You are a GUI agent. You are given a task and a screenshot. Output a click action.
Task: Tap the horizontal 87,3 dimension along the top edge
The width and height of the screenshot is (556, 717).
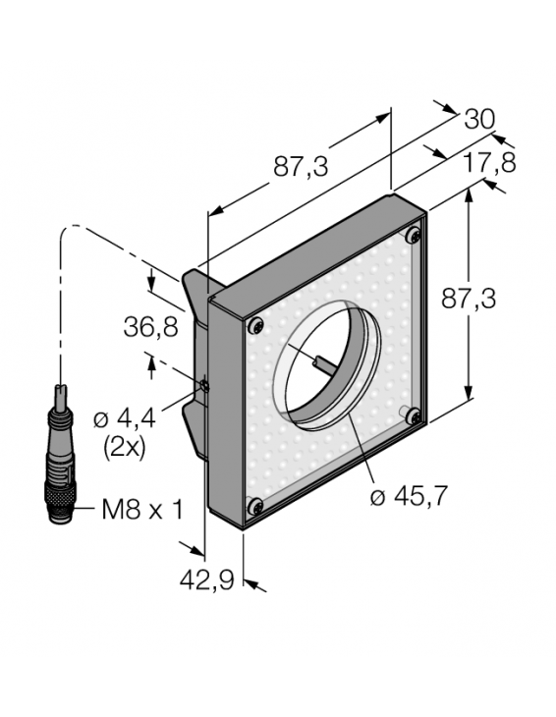(301, 166)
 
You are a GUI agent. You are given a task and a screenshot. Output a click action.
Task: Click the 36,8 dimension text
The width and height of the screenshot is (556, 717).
(153, 325)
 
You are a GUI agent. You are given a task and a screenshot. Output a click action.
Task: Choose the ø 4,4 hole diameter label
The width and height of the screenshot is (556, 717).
(125, 419)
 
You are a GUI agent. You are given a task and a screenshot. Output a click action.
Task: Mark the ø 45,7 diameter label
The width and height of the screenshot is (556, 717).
(409, 497)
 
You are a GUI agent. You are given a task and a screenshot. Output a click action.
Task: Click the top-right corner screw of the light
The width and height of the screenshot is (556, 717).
(414, 235)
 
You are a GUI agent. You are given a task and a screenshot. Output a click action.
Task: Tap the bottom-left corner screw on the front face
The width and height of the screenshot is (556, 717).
(255, 506)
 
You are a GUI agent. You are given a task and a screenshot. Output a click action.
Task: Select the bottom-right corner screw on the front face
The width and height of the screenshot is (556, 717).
(414, 415)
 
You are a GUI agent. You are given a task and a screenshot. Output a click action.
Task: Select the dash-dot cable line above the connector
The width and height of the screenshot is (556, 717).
(61, 295)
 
